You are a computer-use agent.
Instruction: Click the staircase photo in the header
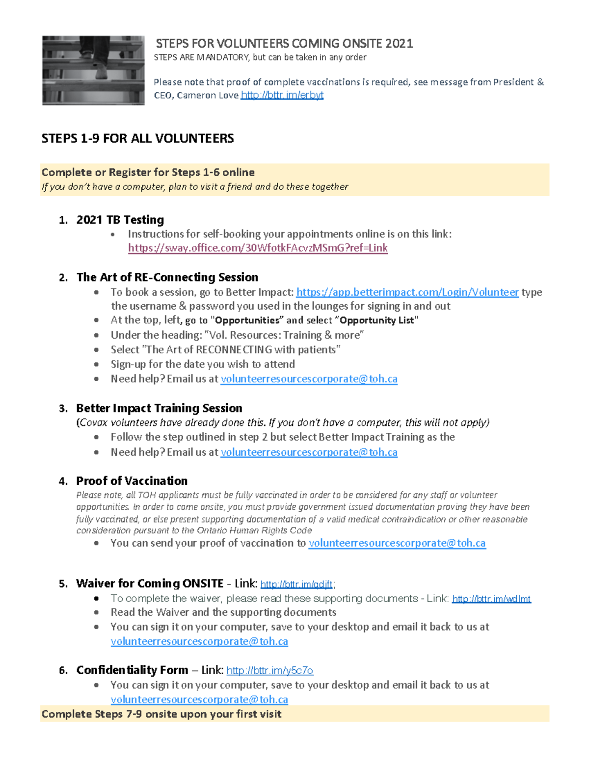point(93,70)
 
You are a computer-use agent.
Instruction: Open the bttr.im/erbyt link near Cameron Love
point(282,95)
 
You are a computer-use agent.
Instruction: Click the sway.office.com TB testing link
point(258,248)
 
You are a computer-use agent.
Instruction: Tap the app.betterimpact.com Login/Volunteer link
point(407,292)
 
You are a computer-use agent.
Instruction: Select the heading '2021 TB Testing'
point(120,220)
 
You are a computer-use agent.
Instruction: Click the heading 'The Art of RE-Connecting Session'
point(167,277)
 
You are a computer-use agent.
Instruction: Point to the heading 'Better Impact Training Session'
point(159,408)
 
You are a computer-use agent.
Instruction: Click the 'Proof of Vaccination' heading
point(132,481)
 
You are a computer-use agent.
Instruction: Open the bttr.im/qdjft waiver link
point(296,584)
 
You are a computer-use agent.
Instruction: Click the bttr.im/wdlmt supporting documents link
point(491,599)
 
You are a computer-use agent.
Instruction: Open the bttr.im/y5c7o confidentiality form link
point(269,671)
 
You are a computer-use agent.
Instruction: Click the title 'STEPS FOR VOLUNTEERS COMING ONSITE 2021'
point(284,44)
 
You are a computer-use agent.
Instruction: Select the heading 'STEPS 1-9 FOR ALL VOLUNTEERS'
point(137,138)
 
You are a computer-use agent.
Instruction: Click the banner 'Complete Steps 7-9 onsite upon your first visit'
point(161,714)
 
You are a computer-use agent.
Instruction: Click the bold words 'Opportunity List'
point(377,320)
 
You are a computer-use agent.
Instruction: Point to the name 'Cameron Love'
point(208,95)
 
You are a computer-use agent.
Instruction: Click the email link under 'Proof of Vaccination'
point(397,543)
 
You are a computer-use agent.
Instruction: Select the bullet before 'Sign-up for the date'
point(97,365)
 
